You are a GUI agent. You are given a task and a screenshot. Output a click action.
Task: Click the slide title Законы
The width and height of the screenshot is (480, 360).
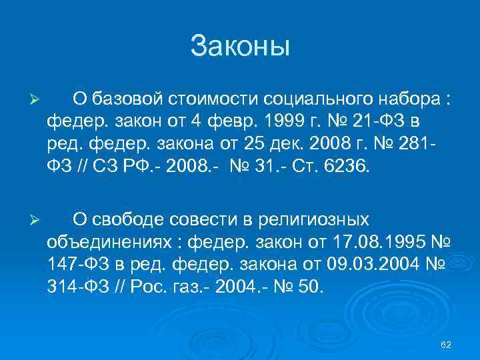[240, 47]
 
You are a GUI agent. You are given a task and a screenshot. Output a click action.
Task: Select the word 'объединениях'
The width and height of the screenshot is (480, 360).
[115, 242]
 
